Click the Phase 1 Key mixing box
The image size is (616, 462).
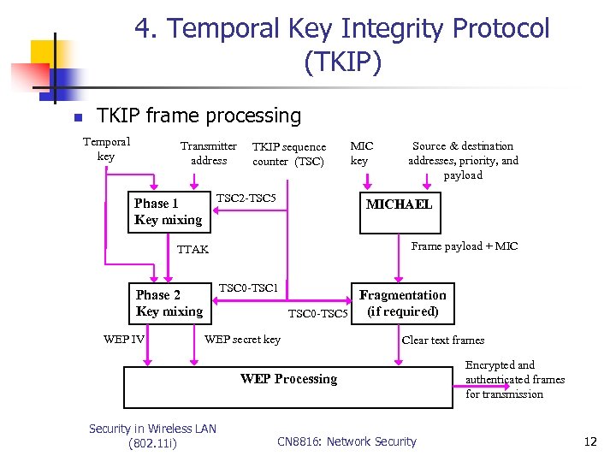(x=169, y=211)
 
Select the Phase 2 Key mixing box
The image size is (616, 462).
(x=169, y=303)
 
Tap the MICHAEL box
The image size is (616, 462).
(x=399, y=204)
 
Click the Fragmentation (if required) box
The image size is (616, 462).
(x=402, y=303)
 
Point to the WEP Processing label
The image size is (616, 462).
(x=288, y=379)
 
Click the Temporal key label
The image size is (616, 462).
(x=106, y=149)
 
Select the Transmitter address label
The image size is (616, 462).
(x=209, y=153)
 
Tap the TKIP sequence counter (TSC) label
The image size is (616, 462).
(x=289, y=154)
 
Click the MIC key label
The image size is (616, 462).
(x=362, y=153)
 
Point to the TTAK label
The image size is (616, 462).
(x=192, y=250)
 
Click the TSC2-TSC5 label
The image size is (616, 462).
(x=246, y=198)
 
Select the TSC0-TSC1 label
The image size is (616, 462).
(x=249, y=288)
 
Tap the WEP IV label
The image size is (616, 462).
(x=123, y=340)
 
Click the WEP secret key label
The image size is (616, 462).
(x=242, y=340)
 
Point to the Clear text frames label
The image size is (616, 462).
(x=443, y=340)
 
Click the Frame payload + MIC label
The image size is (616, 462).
(x=465, y=246)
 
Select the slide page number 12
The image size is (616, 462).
(x=589, y=442)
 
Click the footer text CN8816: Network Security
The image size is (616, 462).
(x=346, y=442)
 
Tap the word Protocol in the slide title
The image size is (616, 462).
(x=500, y=28)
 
